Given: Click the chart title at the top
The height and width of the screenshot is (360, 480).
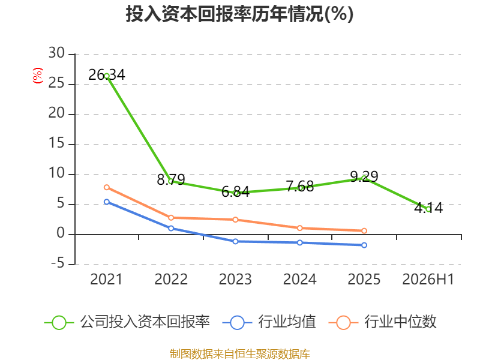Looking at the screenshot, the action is [x=239, y=14].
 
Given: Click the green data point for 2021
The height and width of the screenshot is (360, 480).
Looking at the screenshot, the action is [x=107, y=76].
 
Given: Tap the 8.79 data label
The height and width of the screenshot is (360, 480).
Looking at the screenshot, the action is [x=171, y=179].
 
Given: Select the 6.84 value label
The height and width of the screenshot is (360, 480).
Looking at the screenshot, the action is [x=235, y=192].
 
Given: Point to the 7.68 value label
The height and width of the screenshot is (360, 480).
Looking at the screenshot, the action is [x=299, y=187].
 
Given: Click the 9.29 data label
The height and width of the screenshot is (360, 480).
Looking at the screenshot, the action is [x=364, y=176].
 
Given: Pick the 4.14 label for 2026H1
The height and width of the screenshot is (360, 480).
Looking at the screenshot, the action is [x=428, y=208].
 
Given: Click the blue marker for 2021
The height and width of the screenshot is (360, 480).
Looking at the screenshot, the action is [x=107, y=202].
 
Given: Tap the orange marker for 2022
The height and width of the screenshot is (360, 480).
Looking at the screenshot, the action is [x=171, y=218].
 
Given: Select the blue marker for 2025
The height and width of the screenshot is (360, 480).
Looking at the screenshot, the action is [x=364, y=245].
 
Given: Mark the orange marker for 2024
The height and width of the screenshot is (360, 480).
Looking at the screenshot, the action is [x=299, y=228].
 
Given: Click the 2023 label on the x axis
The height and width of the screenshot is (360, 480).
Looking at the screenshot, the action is [x=235, y=279].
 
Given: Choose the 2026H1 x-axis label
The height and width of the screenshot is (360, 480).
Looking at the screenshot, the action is [x=428, y=279].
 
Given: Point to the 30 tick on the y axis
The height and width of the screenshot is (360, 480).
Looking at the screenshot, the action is [x=56, y=53].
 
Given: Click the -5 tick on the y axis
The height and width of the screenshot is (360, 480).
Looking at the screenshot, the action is [x=58, y=263].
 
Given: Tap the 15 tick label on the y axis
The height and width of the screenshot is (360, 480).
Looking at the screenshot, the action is [x=56, y=143].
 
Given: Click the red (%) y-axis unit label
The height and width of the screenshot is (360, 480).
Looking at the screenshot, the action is [x=38, y=76].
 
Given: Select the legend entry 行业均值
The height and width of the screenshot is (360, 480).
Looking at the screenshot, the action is [x=269, y=322].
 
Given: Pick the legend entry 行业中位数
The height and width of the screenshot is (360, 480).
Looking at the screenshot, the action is [x=382, y=322].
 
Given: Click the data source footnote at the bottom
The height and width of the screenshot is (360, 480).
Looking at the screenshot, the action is [x=240, y=354].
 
